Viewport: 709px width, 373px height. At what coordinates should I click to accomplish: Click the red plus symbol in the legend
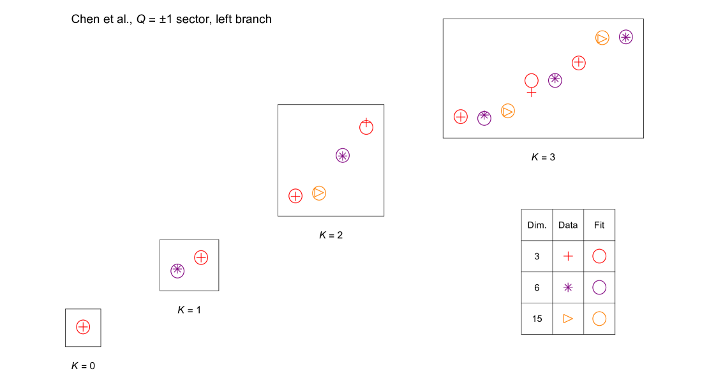tap(568, 256)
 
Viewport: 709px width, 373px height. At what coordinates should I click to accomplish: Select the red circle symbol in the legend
tap(599, 256)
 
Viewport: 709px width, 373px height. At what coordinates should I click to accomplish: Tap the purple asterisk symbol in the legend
tap(568, 287)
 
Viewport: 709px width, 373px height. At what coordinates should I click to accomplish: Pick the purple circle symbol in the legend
tap(599, 287)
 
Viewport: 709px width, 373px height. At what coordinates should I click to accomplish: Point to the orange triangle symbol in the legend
tap(568, 318)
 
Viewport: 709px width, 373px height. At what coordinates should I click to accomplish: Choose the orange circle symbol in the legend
tap(599, 318)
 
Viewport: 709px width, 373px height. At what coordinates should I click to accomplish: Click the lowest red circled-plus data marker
tap(83, 327)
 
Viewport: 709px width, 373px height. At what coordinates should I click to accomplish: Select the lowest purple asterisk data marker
tap(177, 271)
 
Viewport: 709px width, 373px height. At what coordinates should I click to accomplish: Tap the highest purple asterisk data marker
tap(626, 37)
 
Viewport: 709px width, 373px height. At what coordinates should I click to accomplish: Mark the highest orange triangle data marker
tap(602, 38)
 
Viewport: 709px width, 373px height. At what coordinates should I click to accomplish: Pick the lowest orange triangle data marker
tap(319, 193)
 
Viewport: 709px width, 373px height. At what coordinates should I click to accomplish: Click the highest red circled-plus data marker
tap(579, 63)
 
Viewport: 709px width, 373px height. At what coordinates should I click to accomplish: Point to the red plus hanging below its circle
tap(532, 93)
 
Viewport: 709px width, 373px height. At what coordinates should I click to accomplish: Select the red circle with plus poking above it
tap(366, 128)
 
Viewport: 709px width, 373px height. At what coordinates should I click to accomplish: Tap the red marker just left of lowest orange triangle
tap(295, 196)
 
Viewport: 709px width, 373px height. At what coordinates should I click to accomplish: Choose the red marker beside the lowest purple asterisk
tap(201, 257)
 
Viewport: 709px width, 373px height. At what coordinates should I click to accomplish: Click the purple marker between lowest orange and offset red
tap(343, 156)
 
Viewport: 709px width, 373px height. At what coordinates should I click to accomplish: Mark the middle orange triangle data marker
tap(508, 111)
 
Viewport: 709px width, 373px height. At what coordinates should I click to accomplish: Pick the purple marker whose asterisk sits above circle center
tap(484, 118)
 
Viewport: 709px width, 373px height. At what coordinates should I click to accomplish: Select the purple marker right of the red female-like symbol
tap(555, 80)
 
